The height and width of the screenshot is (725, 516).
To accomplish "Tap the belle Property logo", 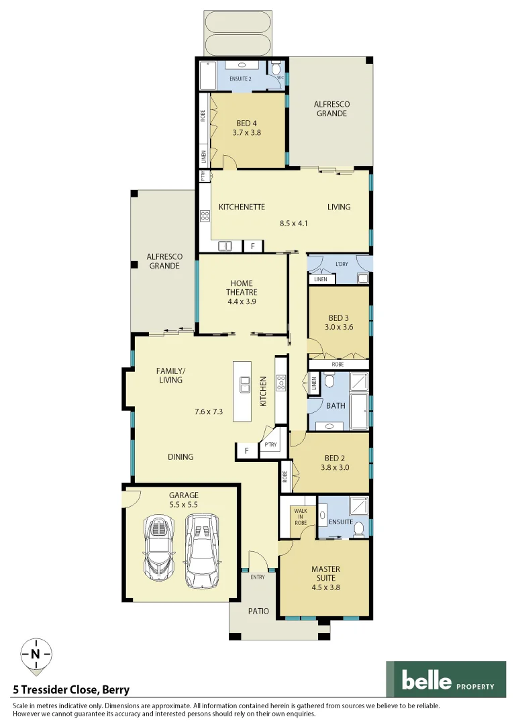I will pyautogui.click(x=446, y=679).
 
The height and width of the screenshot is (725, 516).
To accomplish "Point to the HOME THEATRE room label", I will pyautogui.click(x=242, y=287).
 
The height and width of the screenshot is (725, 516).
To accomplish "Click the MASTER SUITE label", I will pyautogui.click(x=325, y=573).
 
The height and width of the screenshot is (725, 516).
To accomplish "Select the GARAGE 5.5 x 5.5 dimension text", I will pyautogui.click(x=183, y=505).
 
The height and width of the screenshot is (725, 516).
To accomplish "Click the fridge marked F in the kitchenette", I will pyautogui.click(x=252, y=246).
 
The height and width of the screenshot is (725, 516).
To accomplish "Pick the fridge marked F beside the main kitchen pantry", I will pyautogui.click(x=246, y=451).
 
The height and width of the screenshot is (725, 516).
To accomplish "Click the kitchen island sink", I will pyautogui.click(x=246, y=385).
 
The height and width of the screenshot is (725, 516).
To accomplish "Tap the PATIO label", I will pyautogui.click(x=258, y=611).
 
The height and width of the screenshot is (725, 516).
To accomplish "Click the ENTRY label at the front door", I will pyautogui.click(x=258, y=577).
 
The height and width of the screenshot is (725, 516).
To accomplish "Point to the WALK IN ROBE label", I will pyautogui.click(x=300, y=517).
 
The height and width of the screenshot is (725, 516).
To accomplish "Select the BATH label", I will pyautogui.click(x=336, y=405).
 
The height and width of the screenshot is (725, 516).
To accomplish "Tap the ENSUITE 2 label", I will pyautogui.click(x=240, y=79).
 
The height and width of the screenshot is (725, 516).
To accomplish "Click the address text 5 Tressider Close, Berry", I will pyautogui.click(x=71, y=689).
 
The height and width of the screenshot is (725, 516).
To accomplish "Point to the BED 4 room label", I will pyautogui.click(x=246, y=124).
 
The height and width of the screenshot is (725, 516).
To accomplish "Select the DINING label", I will pyautogui.click(x=180, y=456).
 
